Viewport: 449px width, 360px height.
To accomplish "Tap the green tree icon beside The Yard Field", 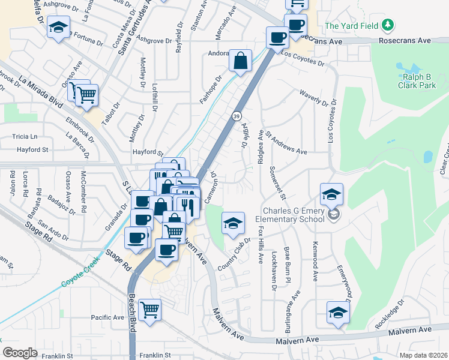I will coord(388,25).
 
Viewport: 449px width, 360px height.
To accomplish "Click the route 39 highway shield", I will coord(237,115).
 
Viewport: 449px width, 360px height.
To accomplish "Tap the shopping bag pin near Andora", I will coord(240,61).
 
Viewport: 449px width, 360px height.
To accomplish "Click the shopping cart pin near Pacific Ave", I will coord(149,310).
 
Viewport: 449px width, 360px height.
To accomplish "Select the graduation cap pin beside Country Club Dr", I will coord(233,224).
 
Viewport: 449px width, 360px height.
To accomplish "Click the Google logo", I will coord(20,353).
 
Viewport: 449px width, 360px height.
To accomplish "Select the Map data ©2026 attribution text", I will coord(423,355).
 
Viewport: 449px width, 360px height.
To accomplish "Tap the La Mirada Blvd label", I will coord(40,91).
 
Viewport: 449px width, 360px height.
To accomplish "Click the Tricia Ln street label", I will coord(24,137).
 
